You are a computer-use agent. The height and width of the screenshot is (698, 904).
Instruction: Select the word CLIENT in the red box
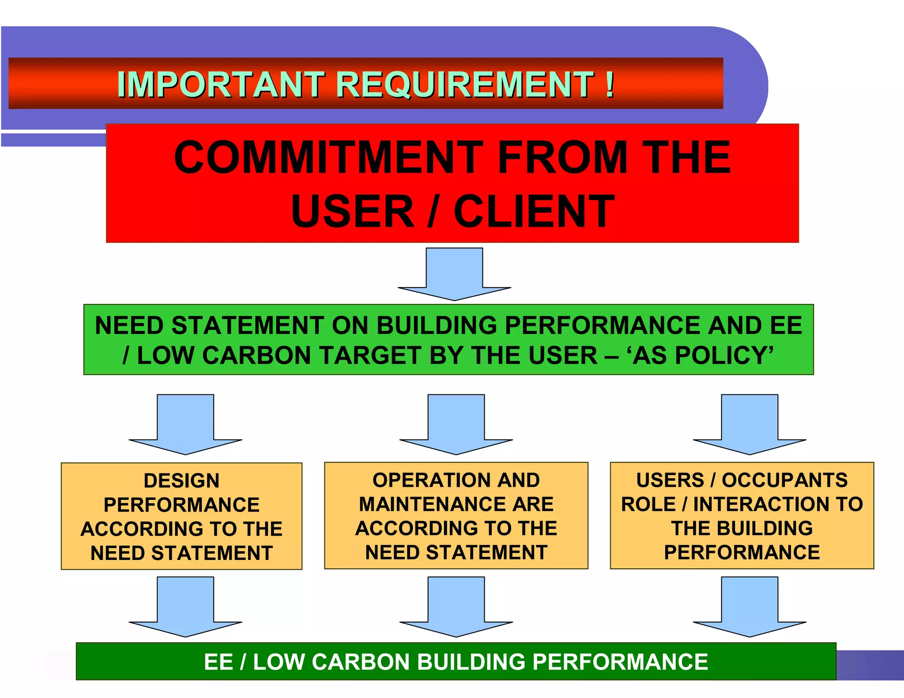[534, 212]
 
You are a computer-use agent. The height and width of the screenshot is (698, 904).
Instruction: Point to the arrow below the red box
[454, 274]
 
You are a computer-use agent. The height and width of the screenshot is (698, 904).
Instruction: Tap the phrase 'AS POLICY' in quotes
[702, 356]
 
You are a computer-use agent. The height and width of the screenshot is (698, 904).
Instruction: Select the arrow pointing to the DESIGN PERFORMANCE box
[185, 424]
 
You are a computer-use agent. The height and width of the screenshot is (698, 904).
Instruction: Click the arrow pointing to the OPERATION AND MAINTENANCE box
[456, 424]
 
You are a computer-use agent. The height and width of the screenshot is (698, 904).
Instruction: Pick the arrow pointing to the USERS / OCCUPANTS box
[750, 424]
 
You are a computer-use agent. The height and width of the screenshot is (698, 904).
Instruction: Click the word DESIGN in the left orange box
[181, 481]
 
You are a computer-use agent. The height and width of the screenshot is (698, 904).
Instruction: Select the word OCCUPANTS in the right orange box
[784, 480]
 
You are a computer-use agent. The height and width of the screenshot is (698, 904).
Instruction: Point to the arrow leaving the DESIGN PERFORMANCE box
[185, 607]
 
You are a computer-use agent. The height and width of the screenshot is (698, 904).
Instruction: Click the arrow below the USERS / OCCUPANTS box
[750, 607]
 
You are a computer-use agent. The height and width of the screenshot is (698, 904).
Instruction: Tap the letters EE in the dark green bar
[218, 662]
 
